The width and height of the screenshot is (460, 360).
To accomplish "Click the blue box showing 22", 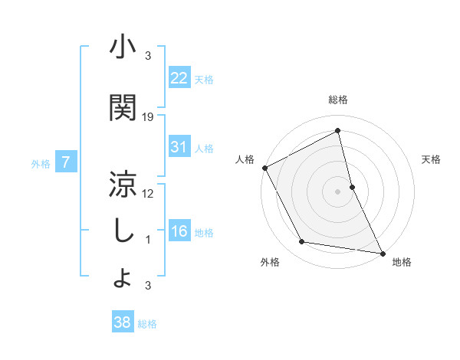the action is (179, 77).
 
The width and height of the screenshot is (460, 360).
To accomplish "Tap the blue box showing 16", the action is (179, 231).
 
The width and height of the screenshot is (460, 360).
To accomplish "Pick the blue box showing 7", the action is (66, 162).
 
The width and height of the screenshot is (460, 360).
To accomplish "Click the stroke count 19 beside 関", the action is (148, 116).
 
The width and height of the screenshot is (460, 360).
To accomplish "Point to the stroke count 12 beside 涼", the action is (148, 193).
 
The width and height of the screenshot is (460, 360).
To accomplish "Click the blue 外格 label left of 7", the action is (41, 163).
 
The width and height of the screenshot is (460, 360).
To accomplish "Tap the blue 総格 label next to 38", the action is (147, 324).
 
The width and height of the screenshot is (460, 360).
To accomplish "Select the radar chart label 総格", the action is (338, 100).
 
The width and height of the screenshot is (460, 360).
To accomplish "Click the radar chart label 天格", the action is (432, 159).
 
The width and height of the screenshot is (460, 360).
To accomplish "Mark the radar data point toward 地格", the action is (382, 252).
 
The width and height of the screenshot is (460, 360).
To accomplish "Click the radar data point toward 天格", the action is (352, 186).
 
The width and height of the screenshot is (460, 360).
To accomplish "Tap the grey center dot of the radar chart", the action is (338, 191).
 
